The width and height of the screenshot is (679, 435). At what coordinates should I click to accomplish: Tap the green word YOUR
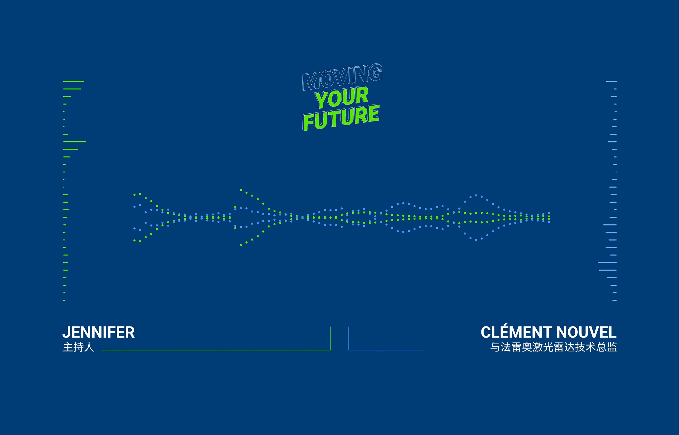tap(342, 97)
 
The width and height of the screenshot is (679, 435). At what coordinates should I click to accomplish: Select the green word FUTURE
tap(341, 118)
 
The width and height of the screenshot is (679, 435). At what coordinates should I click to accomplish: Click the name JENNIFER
tap(98, 332)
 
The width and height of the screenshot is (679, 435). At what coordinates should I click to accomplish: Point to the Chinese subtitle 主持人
tap(78, 347)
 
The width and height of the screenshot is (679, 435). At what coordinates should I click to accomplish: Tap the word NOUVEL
tap(586, 332)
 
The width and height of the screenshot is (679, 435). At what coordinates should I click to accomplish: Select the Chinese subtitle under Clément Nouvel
tap(553, 347)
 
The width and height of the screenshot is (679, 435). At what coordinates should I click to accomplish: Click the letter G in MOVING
tap(376, 71)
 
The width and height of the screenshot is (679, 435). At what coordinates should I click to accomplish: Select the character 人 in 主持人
tap(89, 347)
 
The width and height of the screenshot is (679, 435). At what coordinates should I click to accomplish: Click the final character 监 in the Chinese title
tap(612, 347)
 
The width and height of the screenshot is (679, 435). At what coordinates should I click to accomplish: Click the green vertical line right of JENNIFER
tap(330, 338)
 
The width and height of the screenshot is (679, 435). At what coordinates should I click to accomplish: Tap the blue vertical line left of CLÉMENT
tap(349, 338)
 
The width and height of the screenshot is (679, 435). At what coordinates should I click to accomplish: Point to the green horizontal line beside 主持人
tap(216, 350)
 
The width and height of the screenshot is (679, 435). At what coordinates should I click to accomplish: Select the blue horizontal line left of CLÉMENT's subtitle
tap(387, 350)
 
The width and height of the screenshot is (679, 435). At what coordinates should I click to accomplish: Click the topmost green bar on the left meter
tap(74, 81)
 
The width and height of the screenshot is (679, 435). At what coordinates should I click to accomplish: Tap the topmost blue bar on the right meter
tap(611, 81)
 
